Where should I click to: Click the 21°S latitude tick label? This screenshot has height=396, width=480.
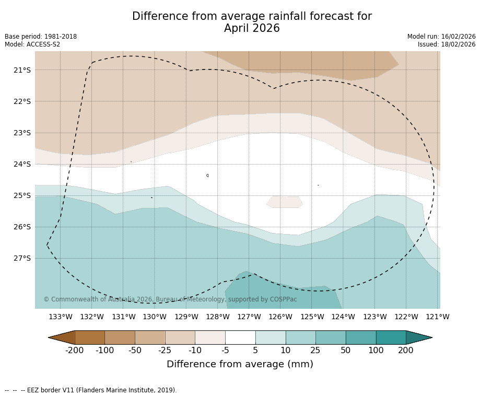coord(22,70)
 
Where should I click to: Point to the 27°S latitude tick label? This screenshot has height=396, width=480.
coord(22,258)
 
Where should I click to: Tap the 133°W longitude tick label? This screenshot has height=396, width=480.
coord(61,317)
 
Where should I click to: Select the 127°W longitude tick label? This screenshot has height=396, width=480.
coord(249,317)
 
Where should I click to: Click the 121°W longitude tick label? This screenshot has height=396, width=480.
coord(438,317)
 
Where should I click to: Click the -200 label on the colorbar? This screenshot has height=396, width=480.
coord(75,351)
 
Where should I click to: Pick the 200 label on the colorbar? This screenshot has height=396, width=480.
coord(406,351)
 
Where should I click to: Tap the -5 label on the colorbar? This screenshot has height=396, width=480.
coord(225,351)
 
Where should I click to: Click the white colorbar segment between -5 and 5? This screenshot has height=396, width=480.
coord(240,337)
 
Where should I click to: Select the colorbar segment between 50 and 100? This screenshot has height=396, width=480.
coord(361,337)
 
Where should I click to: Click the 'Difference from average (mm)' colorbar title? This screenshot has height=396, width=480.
coord(240,365)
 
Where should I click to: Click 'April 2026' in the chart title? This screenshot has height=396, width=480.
coord(252,29)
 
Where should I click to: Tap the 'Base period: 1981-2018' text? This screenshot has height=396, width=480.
coord(41,37)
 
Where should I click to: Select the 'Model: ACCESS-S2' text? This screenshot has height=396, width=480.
coord(32,44)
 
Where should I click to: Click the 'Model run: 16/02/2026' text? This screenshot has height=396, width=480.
coord(441,37)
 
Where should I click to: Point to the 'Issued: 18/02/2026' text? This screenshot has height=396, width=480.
coord(447,44)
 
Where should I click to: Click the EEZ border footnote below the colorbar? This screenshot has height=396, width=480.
coord(91,390)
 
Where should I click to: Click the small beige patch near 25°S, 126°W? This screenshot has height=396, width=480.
coord(285,202)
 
